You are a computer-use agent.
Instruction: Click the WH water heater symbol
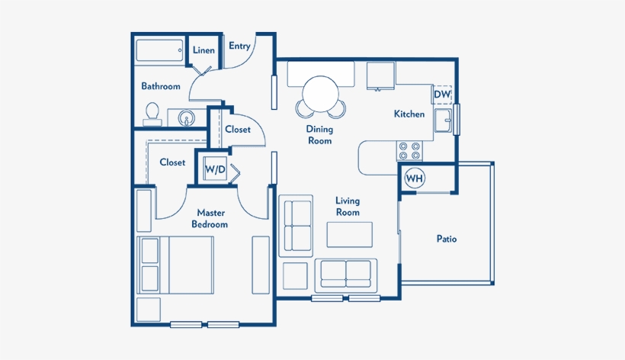coord(415,178)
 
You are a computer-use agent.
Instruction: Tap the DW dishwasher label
coord(441,95)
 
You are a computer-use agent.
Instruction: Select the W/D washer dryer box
coord(215,169)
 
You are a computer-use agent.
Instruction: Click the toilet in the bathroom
coord(152,114)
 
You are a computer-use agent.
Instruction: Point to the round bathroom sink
coord(186,118)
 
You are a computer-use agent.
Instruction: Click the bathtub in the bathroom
coord(159,50)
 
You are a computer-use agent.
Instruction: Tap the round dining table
coord(320,95)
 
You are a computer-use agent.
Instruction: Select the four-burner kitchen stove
coord(409,151)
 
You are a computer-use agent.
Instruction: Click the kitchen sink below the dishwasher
coord(443,120)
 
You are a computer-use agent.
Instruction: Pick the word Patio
coord(447,239)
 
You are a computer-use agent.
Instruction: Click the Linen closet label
coord(204,50)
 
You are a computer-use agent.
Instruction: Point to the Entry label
coord(239,47)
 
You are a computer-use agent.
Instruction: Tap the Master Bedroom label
coord(210,218)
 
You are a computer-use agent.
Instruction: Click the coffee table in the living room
coord(350,235)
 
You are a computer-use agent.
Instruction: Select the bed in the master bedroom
coord(175,265)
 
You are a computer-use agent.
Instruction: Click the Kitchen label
coord(409,114)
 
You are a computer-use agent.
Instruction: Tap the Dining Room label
coord(319,135)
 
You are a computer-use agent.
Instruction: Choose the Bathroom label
coord(161,86)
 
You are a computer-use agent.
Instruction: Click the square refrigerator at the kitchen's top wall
coord(380,76)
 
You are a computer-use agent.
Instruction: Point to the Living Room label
coord(348,207)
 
